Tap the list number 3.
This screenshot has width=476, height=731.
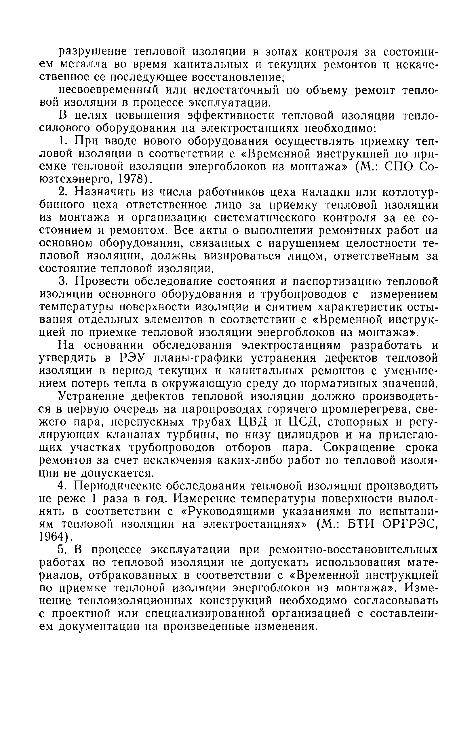click(x=62, y=281)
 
